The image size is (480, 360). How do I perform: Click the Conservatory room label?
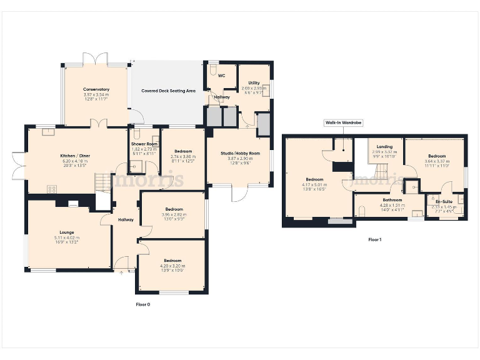click(x=96, y=89)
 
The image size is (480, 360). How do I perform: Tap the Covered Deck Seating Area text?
click(x=168, y=91)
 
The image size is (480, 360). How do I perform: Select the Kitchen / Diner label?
click(x=74, y=155)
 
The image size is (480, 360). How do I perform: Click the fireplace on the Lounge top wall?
click(x=73, y=203)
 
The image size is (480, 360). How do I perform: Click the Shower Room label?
click(x=144, y=144)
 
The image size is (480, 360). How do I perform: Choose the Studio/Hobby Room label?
click(x=240, y=153)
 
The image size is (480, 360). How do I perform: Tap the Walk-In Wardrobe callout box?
click(x=343, y=123)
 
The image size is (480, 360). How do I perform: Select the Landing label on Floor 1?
click(x=380, y=147)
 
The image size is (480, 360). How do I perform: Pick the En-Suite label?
click(x=443, y=201)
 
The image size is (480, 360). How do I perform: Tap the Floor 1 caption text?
click(x=374, y=239)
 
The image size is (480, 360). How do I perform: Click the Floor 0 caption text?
click(x=143, y=304)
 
